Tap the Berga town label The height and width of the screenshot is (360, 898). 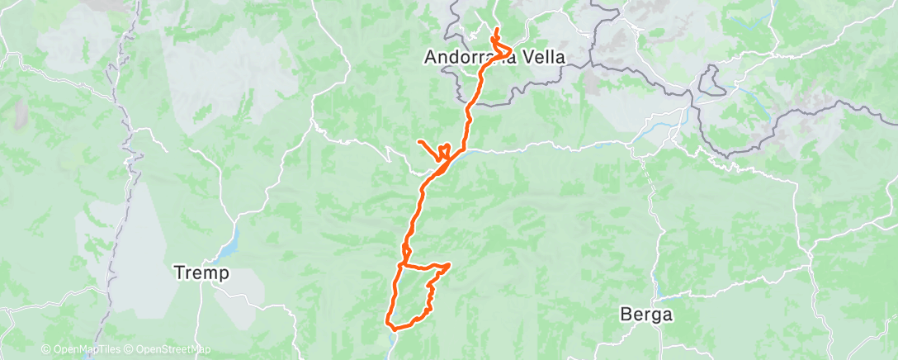click(x=647, y=315)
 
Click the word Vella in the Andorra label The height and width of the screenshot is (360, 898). click(x=541, y=58)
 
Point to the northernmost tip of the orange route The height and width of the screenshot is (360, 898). click(x=496, y=30)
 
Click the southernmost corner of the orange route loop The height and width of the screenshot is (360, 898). click(x=389, y=328)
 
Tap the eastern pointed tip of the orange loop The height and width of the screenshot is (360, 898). click(x=450, y=265)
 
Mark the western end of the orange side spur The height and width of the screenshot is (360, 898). click(x=419, y=143)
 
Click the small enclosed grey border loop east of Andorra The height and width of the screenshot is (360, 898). click(x=710, y=81)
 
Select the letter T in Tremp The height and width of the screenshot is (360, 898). click(x=177, y=272)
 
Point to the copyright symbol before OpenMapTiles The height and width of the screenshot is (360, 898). click(x=45, y=349)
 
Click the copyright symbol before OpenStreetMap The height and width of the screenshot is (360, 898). click(x=129, y=349)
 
